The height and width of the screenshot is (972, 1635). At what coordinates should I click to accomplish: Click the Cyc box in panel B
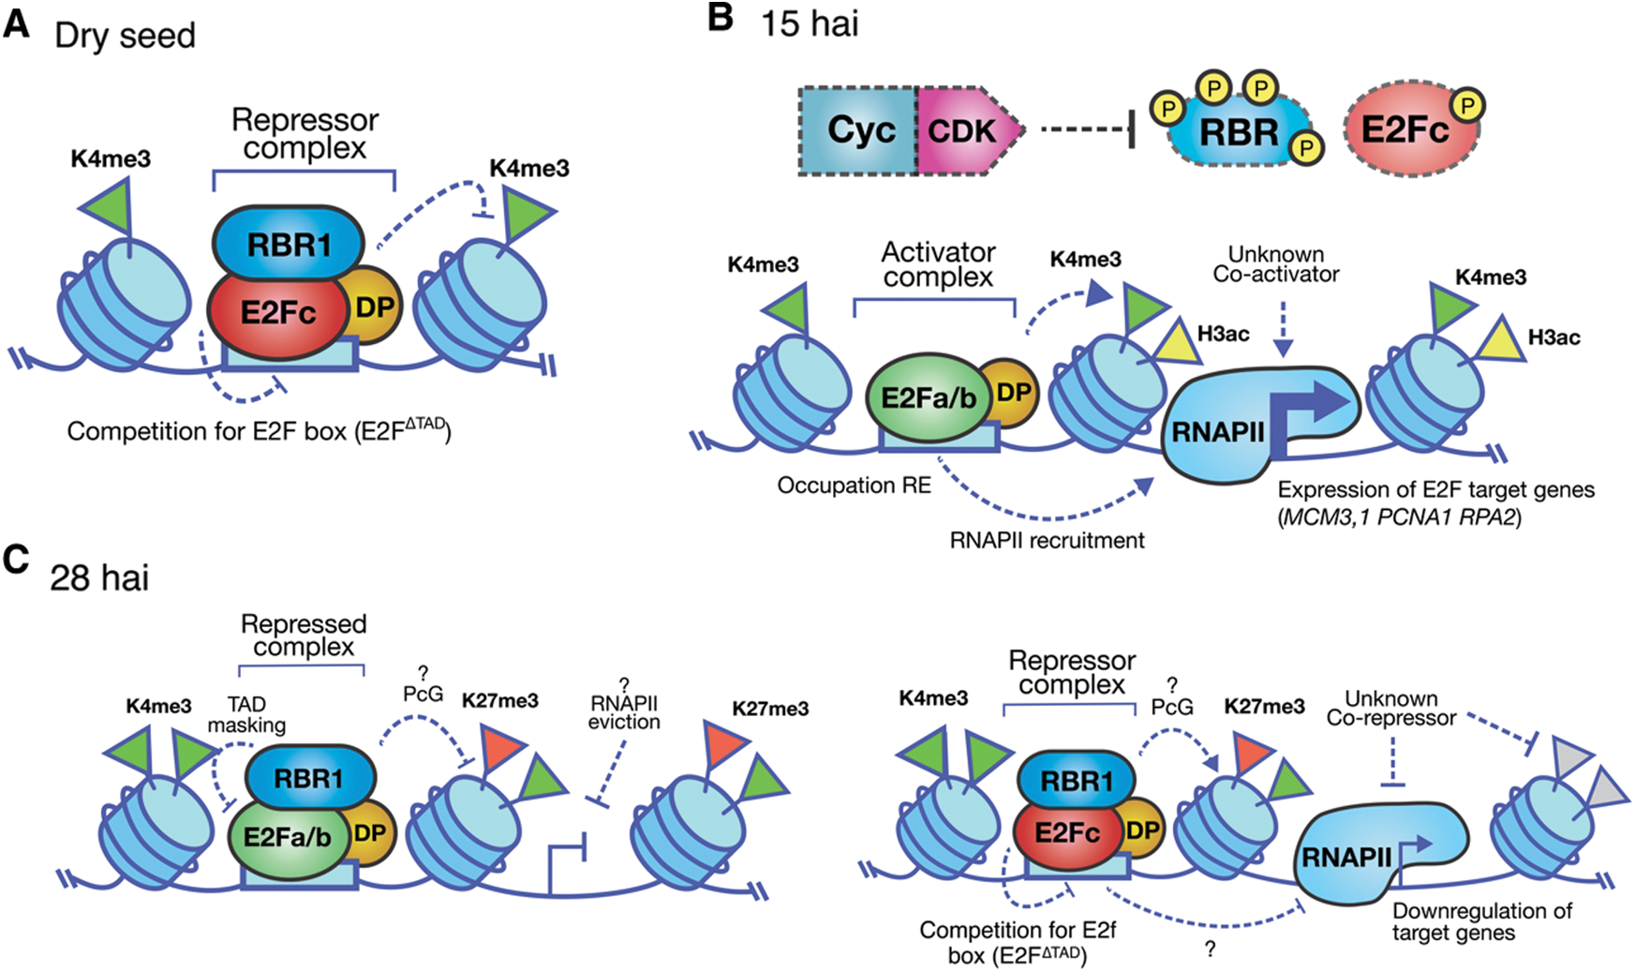[858, 131]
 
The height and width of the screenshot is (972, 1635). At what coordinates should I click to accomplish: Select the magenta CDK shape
[966, 131]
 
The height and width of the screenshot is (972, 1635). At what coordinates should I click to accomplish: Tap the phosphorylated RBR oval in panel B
[1239, 132]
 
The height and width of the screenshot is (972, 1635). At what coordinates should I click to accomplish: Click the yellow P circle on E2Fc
[1467, 106]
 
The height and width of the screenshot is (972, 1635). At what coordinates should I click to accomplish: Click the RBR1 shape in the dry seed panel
[289, 245]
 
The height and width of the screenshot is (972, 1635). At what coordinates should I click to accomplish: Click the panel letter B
[721, 18]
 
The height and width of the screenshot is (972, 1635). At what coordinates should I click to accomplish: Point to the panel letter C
[16, 560]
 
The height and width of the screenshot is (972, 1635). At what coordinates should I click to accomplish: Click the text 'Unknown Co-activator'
[1276, 264]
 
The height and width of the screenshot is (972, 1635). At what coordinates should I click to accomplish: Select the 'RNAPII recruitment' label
[1047, 541]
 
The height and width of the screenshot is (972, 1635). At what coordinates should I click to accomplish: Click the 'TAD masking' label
[246, 714]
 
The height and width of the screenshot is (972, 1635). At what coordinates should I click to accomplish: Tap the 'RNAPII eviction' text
[624, 712]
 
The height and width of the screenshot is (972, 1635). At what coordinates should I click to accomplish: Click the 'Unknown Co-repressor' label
[1391, 709]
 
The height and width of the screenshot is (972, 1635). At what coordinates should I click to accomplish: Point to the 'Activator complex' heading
[938, 264]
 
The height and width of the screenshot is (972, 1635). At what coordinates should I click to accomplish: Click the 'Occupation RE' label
[854, 486]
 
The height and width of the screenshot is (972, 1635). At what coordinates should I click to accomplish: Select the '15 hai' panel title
[810, 23]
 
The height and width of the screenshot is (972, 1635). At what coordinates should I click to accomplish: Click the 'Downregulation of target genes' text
[1481, 921]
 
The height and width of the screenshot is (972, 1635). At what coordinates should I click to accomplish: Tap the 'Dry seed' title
[125, 36]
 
